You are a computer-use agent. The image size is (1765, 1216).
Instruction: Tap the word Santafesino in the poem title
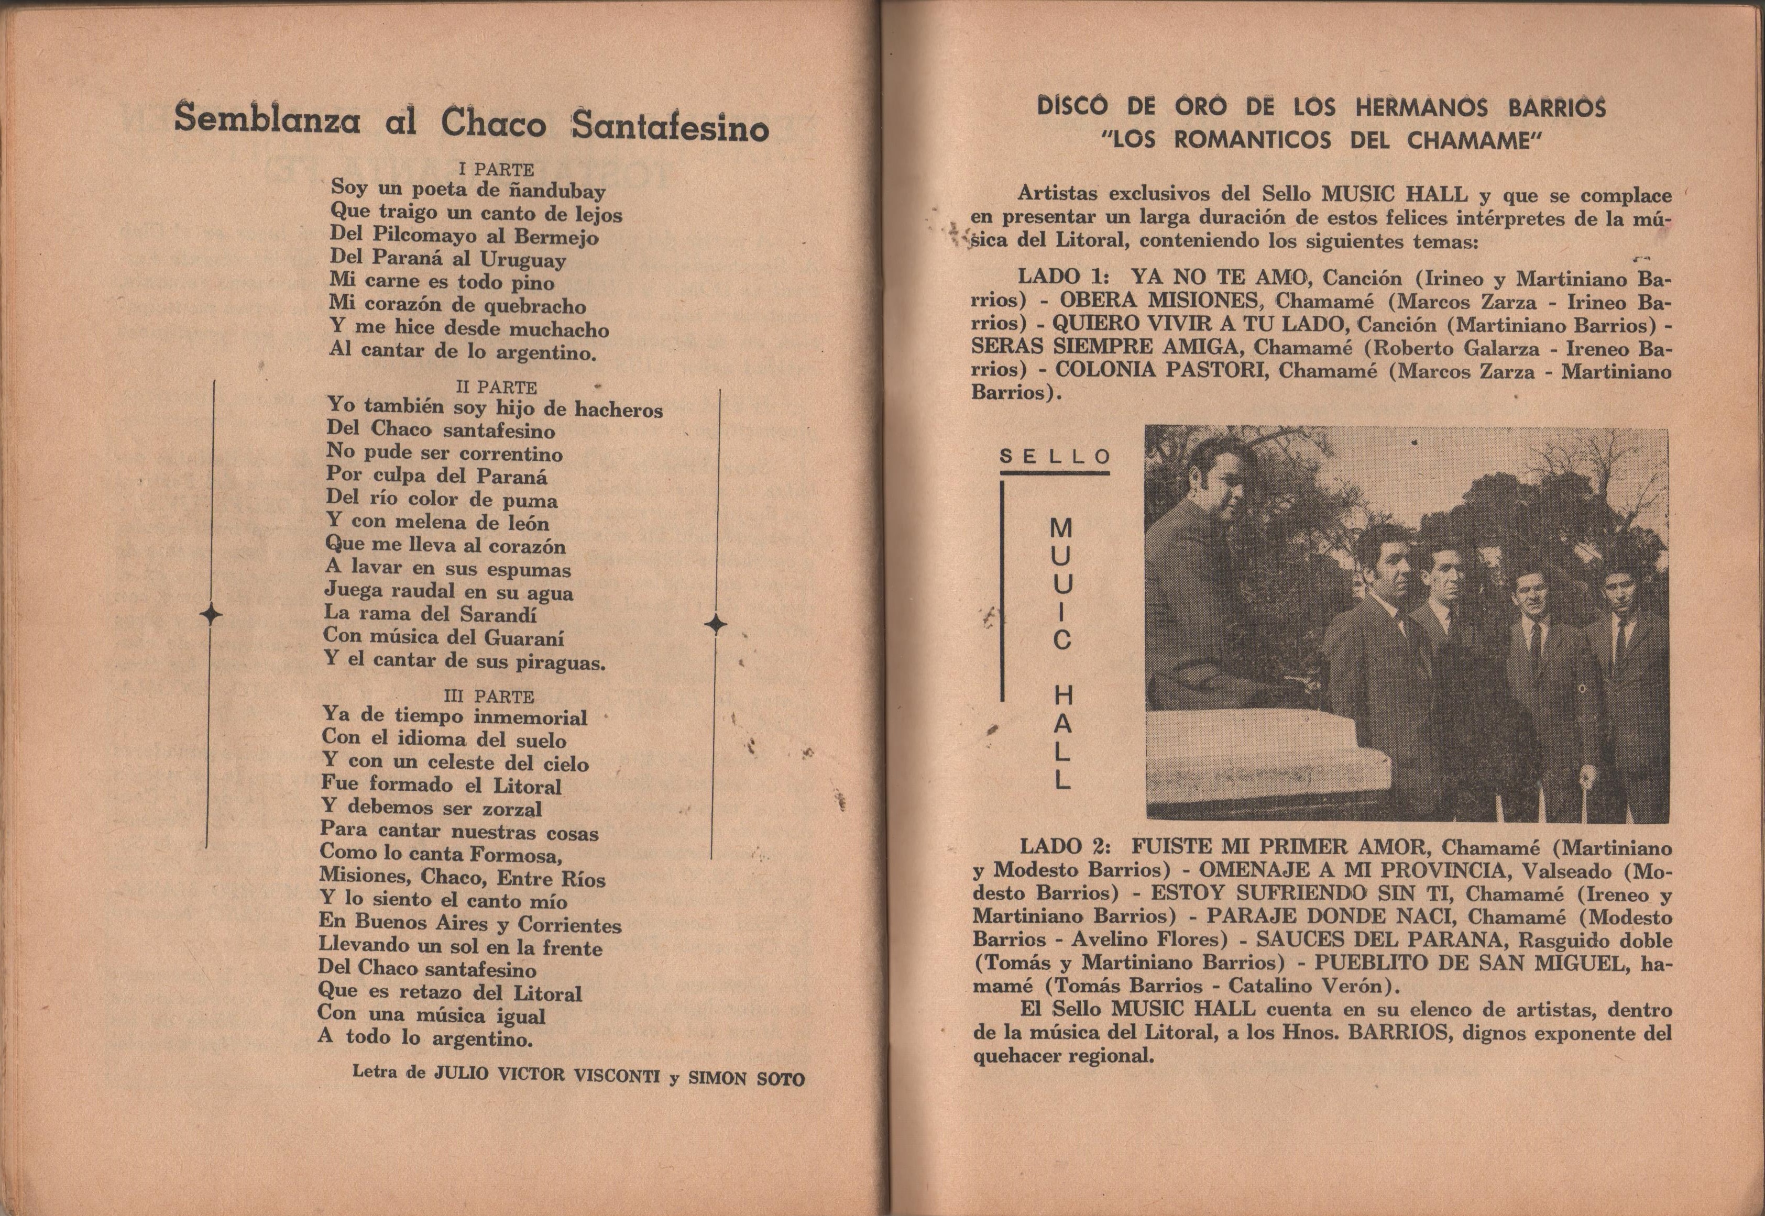pyautogui.click(x=671, y=127)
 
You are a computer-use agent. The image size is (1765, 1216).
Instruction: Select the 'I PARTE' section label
pyautogui.click(x=496, y=169)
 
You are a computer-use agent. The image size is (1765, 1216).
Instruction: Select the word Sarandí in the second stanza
pyautogui.click(x=498, y=614)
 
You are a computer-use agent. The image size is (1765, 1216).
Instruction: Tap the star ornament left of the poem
pyautogui.click(x=210, y=614)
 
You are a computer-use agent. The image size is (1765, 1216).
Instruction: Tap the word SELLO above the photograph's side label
pyautogui.click(x=1055, y=457)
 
